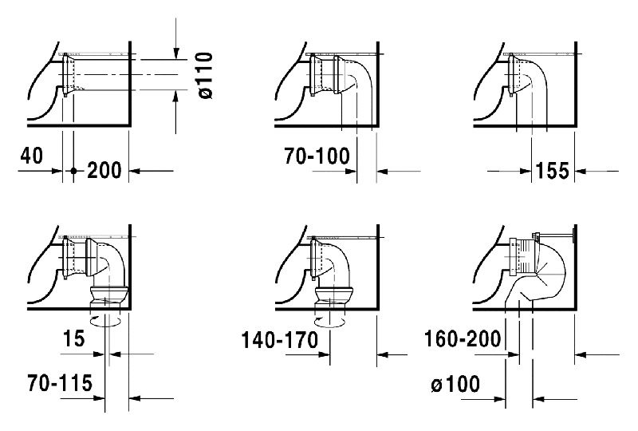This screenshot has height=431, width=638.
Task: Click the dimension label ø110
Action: coord(207,75)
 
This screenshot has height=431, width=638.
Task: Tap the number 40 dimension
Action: coord(31,156)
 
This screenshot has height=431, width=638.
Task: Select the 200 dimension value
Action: coord(104,170)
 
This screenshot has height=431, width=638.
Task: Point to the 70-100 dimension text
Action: coord(317,156)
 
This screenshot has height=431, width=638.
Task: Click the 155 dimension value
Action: coord(553,171)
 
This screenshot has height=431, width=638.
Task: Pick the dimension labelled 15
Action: coord(73,338)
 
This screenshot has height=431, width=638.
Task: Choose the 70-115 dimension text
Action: coord(61,383)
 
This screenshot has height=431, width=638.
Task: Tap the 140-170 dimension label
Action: coord(280,340)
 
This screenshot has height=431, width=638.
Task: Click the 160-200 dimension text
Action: coord(463,339)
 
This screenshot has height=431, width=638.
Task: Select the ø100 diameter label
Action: coord(455,384)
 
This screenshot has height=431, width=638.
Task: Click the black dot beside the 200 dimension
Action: coord(73,171)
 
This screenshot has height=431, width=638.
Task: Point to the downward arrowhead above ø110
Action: coord(175,53)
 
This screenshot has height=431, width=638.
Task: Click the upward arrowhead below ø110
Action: coord(175,97)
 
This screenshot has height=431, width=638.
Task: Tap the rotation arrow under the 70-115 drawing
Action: coord(105,321)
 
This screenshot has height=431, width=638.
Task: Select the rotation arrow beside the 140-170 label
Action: coord(329,321)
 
